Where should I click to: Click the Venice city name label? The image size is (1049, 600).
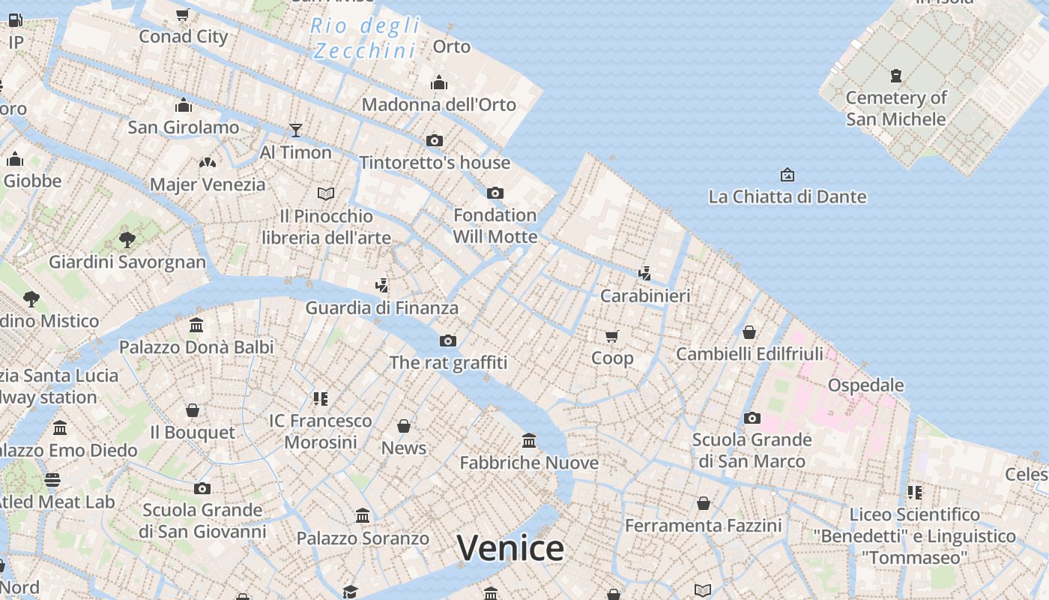(510, 548)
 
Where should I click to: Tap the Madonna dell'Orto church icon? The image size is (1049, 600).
(439, 83)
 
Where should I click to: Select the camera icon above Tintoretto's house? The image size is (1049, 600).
(434, 140)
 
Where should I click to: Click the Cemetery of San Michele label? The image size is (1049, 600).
(896, 108)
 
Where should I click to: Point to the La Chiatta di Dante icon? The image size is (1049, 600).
(787, 175)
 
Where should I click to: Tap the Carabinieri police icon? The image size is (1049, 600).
(644, 273)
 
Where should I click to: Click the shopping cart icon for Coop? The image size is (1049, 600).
(612, 336)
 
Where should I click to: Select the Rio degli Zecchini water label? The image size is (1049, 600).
(365, 38)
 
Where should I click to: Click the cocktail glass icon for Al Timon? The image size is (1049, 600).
(296, 130)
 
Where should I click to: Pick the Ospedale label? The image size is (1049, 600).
(865, 385)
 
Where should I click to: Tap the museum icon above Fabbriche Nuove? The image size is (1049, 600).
(529, 440)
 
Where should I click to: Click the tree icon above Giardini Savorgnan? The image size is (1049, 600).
(127, 240)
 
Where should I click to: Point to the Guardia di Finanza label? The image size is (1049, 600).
(381, 307)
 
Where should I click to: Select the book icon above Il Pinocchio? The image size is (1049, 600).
(326, 194)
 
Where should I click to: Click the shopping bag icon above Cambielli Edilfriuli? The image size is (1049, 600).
(749, 331)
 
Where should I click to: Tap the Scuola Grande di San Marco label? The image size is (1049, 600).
(752, 450)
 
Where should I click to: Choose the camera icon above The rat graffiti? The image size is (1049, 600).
(447, 341)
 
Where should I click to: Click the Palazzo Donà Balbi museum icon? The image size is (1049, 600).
(196, 325)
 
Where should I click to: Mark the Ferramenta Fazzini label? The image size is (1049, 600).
(703, 526)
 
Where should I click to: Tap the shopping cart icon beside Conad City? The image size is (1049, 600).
(182, 14)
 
